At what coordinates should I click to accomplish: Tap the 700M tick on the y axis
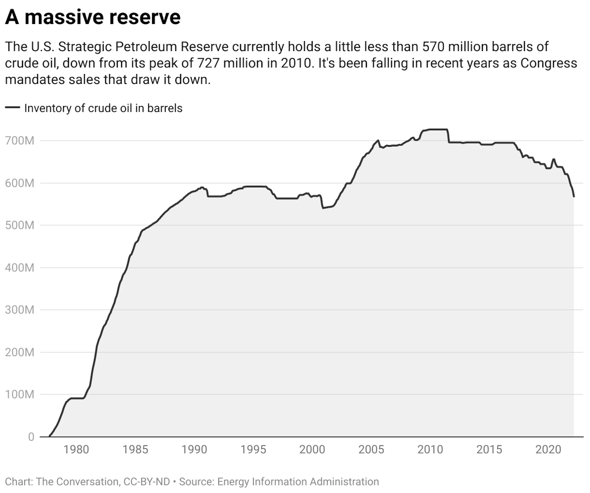(20, 141)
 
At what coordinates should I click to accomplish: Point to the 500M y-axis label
(20, 225)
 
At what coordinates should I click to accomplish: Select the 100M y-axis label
(20, 394)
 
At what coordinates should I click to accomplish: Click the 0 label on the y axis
(31, 436)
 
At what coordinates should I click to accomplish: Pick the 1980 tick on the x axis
(76, 450)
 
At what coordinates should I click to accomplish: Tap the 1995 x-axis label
(253, 450)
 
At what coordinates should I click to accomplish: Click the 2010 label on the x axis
(430, 450)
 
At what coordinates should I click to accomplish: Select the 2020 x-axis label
(548, 450)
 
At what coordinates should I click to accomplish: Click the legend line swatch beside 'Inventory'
(13, 108)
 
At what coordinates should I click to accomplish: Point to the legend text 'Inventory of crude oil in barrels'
(103, 108)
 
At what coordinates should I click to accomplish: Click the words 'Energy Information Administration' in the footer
(298, 481)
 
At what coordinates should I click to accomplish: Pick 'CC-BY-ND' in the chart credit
(147, 481)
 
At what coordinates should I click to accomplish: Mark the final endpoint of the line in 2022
(574, 196)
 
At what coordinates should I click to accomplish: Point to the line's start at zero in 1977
(49, 436)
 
